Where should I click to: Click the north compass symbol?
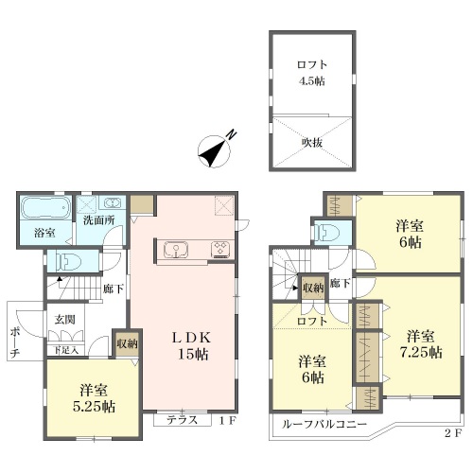pyautogui.click(x=214, y=151)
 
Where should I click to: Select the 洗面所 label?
pyautogui.click(x=98, y=219)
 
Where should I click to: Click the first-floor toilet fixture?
pyautogui.click(x=67, y=261)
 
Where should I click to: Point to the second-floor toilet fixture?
pyautogui.click(x=327, y=233)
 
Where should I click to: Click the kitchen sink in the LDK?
pyautogui.click(x=176, y=250)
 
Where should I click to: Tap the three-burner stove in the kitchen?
pyautogui.click(x=220, y=249)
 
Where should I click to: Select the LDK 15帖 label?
pyautogui.click(x=192, y=345)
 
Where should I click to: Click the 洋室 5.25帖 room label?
pyautogui.click(x=94, y=398)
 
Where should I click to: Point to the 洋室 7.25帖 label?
pyautogui.click(x=421, y=344)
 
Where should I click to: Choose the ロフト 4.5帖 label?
pyautogui.click(x=311, y=73)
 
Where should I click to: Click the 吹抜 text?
pyautogui.click(x=312, y=143)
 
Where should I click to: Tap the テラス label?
pyautogui.click(x=182, y=420)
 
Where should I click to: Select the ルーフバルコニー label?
pyautogui.click(x=324, y=424)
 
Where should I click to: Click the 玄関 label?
pyautogui.click(x=64, y=320)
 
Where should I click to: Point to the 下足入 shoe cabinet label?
pyautogui.click(x=65, y=350)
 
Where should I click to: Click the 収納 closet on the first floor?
pyautogui.click(x=127, y=343)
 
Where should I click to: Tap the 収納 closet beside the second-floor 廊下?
pyautogui.click(x=313, y=288)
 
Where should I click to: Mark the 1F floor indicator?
pyautogui.click(x=228, y=421)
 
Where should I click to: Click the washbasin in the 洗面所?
pyautogui.click(x=112, y=202)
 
